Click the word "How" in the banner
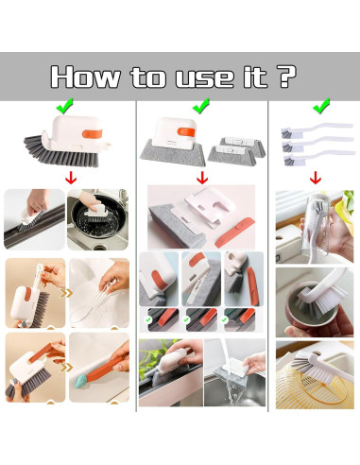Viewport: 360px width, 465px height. click(85, 77)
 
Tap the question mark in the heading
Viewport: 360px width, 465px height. click(287, 76)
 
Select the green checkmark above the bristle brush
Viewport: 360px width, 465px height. click(64, 106)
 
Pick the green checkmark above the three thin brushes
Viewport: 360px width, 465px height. click(321, 106)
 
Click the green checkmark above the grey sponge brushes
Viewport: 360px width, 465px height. click(201, 106)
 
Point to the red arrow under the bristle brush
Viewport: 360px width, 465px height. click(71, 178)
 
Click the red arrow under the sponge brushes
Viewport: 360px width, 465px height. click(202, 178)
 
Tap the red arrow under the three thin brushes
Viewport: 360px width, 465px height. click(316, 178)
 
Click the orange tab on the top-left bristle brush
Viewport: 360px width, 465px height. click(93, 133)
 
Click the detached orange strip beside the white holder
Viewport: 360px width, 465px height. click(234, 232)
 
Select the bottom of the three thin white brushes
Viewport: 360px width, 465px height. click(318, 156)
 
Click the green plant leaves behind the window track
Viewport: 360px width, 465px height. click(154, 353)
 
